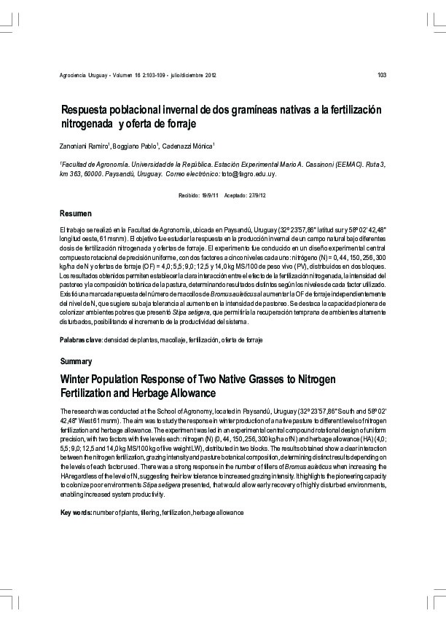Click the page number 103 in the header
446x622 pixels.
(x=381, y=76)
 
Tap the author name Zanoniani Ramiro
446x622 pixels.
(x=84, y=146)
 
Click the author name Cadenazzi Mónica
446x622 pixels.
(x=187, y=146)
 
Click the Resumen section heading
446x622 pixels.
(x=75, y=213)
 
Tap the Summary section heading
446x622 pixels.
(x=76, y=361)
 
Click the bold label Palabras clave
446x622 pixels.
(x=81, y=341)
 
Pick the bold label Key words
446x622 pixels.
(x=76, y=513)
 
